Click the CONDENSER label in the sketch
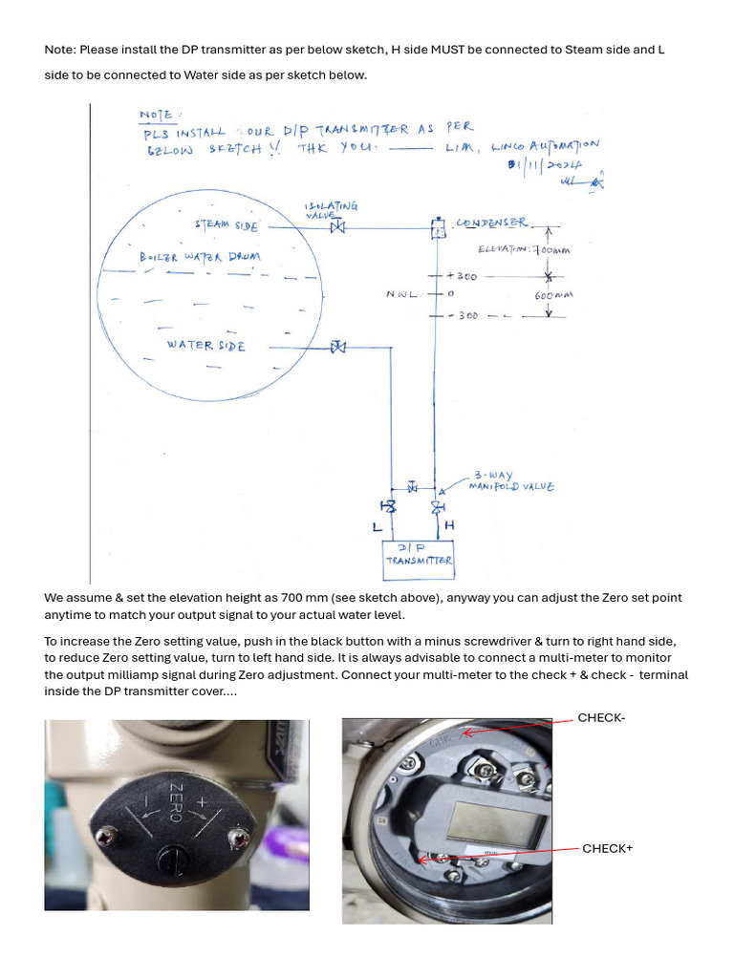coord(491,223)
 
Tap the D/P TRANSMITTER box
coord(418,559)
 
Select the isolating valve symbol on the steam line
coord(336,227)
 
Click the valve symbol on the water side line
coord(337,347)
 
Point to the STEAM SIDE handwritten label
coord(227,225)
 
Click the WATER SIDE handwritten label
coord(205,345)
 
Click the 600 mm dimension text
coord(552,296)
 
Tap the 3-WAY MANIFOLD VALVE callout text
coord(510,480)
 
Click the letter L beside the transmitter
coord(377,526)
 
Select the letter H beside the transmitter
coord(449,525)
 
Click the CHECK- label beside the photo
coord(601,718)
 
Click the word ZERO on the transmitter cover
coord(176,802)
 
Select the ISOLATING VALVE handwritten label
coord(331,208)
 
